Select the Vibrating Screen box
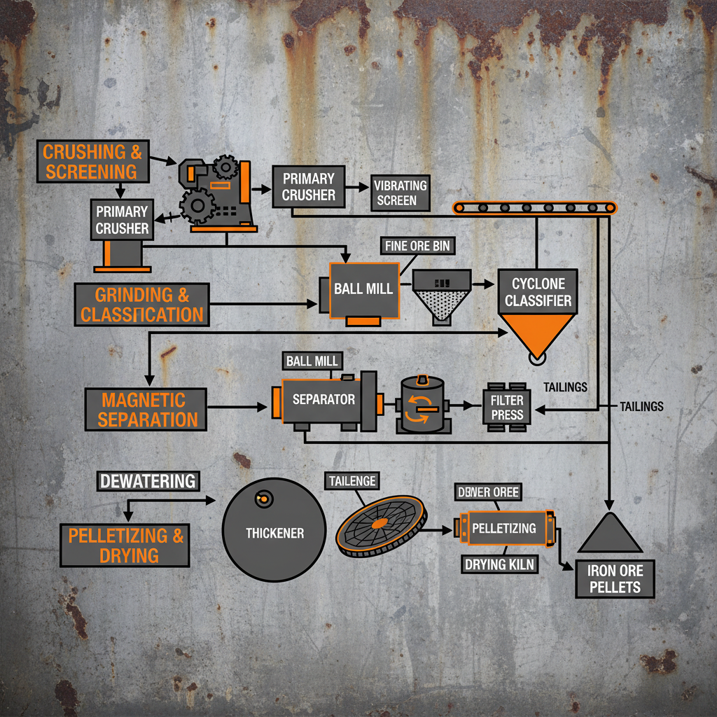coord(401,193)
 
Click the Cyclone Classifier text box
coord(537,292)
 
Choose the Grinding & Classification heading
coord(142,305)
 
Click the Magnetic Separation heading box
coord(145,410)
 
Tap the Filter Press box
coord(507,408)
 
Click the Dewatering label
coord(147,482)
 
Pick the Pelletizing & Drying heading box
coord(125,545)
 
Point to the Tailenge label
coord(351,481)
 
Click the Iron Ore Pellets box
coord(615,578)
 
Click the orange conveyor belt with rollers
coord(536,207)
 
